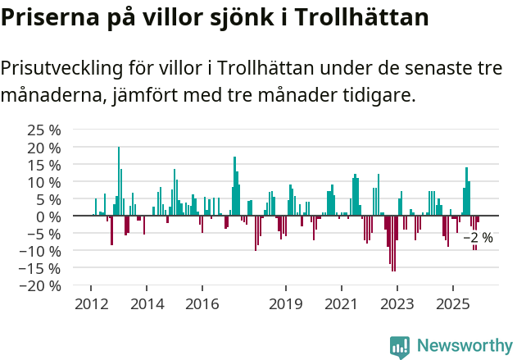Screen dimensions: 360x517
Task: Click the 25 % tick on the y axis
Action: coord(43,130)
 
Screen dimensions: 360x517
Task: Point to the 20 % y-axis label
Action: coord(43,147)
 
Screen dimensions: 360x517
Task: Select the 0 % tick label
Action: coord(48,216)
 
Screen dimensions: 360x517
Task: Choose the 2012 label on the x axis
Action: coord(91,304)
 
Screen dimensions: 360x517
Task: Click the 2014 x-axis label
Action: coord(147,304)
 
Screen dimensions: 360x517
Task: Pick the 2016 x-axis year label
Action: coord(202,304)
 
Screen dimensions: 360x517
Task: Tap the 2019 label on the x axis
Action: coord(286,304)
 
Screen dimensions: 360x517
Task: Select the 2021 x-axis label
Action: coord(341,304)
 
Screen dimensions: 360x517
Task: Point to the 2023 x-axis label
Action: coord(397,304)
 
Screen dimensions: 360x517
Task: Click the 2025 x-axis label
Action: coord(452,304)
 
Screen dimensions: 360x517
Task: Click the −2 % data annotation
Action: coord(478,238)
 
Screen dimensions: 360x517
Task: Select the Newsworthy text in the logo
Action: coord(464,344)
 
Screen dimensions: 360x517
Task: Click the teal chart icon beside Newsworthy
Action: coord(400,346)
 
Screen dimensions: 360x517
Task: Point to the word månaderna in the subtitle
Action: coord(51,96)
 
